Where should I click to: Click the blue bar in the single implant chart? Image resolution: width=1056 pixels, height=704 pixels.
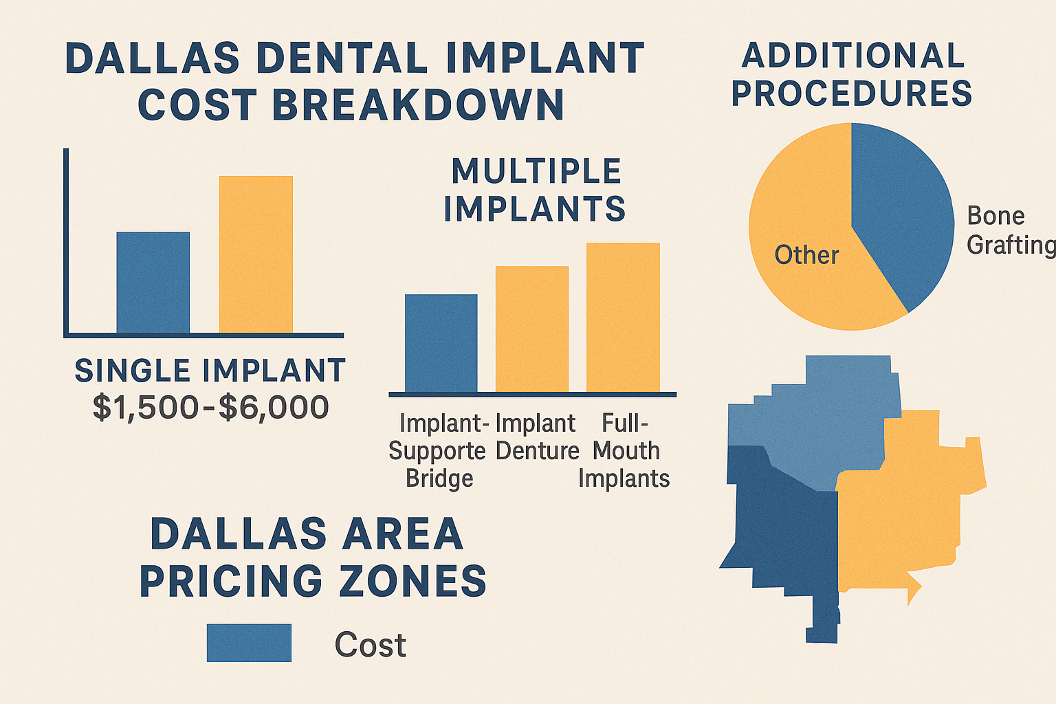(x=153, y=283)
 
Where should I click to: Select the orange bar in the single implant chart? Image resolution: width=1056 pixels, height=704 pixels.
(x=256, y=254)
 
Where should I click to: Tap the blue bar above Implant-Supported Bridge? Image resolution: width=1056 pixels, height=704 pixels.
(x=441, y=343)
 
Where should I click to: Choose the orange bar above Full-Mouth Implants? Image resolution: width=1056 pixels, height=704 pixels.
(x=623, y=317)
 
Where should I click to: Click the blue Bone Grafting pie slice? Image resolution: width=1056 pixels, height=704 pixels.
(x=901, y=206)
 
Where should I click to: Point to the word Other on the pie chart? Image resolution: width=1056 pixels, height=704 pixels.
(x=806, y=255)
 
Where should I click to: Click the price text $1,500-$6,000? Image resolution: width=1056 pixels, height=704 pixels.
(x=210, y=407)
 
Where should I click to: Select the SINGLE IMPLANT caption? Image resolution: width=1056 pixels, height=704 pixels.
(x=210, y=371)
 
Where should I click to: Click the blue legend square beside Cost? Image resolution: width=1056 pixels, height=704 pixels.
(x=249, y=643)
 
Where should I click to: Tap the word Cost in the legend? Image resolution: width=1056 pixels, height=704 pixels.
(x=370, y=645)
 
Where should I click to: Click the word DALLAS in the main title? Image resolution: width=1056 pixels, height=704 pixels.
(x=152, y=58)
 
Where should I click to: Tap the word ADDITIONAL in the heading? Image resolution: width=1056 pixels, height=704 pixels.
(x=852, y=56)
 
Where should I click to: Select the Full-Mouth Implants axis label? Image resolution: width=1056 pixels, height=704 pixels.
(x=624, y=451)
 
